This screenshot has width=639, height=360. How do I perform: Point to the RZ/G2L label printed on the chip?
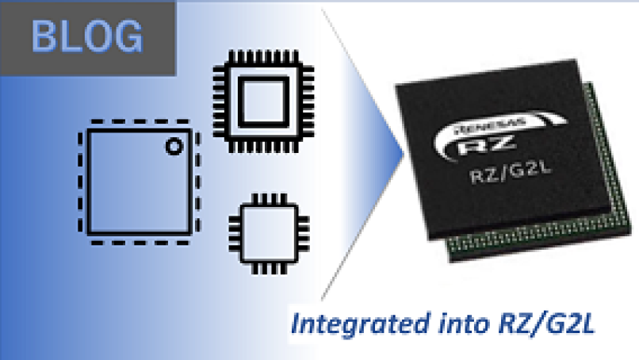(x=516, y=176)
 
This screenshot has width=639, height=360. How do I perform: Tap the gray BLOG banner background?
(x=159, y=59)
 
